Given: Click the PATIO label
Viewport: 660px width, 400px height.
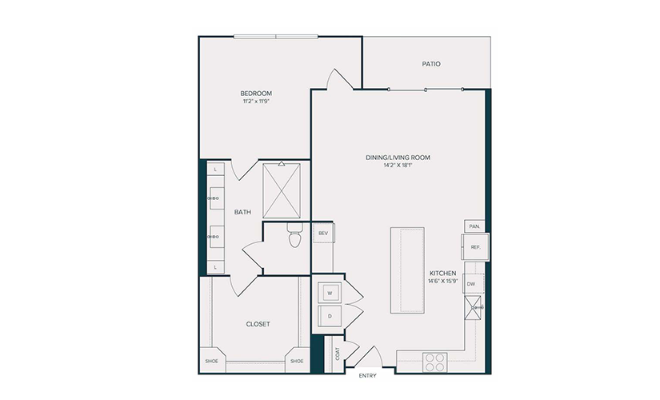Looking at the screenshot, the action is [x=431, y=64].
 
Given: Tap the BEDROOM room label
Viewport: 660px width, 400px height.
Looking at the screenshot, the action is [x=256, y=94].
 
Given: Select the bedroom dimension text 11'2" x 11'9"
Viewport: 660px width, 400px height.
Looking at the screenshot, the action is [x=256, y=102].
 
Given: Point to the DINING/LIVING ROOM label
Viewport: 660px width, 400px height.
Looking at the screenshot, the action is [x=398, y=158].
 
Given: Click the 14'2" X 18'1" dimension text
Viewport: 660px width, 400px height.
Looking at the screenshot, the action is [x=398, y=166].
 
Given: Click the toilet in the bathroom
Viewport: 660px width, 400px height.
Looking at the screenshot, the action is [x=294, y=236].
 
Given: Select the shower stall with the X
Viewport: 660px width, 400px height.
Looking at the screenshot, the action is [x=281, y=190].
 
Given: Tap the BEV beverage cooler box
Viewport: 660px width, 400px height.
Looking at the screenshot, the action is [x=323, y=233].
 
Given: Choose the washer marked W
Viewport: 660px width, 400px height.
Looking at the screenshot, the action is [x=330, y=293].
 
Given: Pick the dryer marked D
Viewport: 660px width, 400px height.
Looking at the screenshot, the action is [x=330, y=316].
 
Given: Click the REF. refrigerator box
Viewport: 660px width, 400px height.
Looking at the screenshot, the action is [x=475, y=247].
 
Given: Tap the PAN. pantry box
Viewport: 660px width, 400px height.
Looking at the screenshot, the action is [x=474, y=226].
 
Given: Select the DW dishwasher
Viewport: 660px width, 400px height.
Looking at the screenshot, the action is [x=474, y=284].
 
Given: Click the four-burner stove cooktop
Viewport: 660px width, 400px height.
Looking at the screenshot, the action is [x=435, y=362].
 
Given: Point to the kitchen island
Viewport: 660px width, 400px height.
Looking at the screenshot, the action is [x=407, y=270].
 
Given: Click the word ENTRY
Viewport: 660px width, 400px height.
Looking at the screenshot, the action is [x=367, y=375].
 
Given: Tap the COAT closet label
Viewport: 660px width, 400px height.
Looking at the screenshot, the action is [x=338, y=354].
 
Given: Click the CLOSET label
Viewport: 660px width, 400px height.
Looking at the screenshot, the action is [x=258, y=324].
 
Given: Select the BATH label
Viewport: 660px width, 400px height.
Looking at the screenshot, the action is [x=242, y=212].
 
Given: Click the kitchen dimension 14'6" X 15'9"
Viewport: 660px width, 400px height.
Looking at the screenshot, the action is [x=443, y=282].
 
